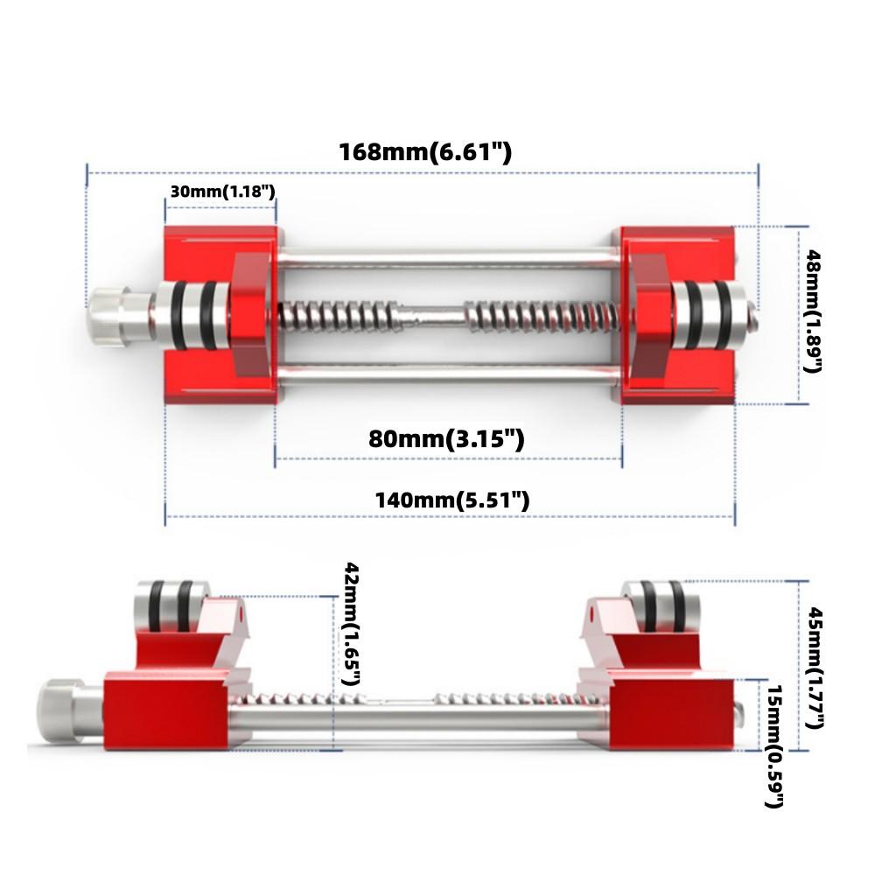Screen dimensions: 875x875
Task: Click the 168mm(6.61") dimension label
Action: [425, 152]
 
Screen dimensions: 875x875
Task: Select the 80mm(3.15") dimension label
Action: [446, 439]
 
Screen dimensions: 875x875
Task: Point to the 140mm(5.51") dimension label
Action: [451, 500]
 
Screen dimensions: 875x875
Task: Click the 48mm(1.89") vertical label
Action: [813, 311]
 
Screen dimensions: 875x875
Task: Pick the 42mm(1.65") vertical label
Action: [353, 622]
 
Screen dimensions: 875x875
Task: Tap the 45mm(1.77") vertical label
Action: [814, 667]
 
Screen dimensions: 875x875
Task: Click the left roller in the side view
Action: [168, 606]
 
